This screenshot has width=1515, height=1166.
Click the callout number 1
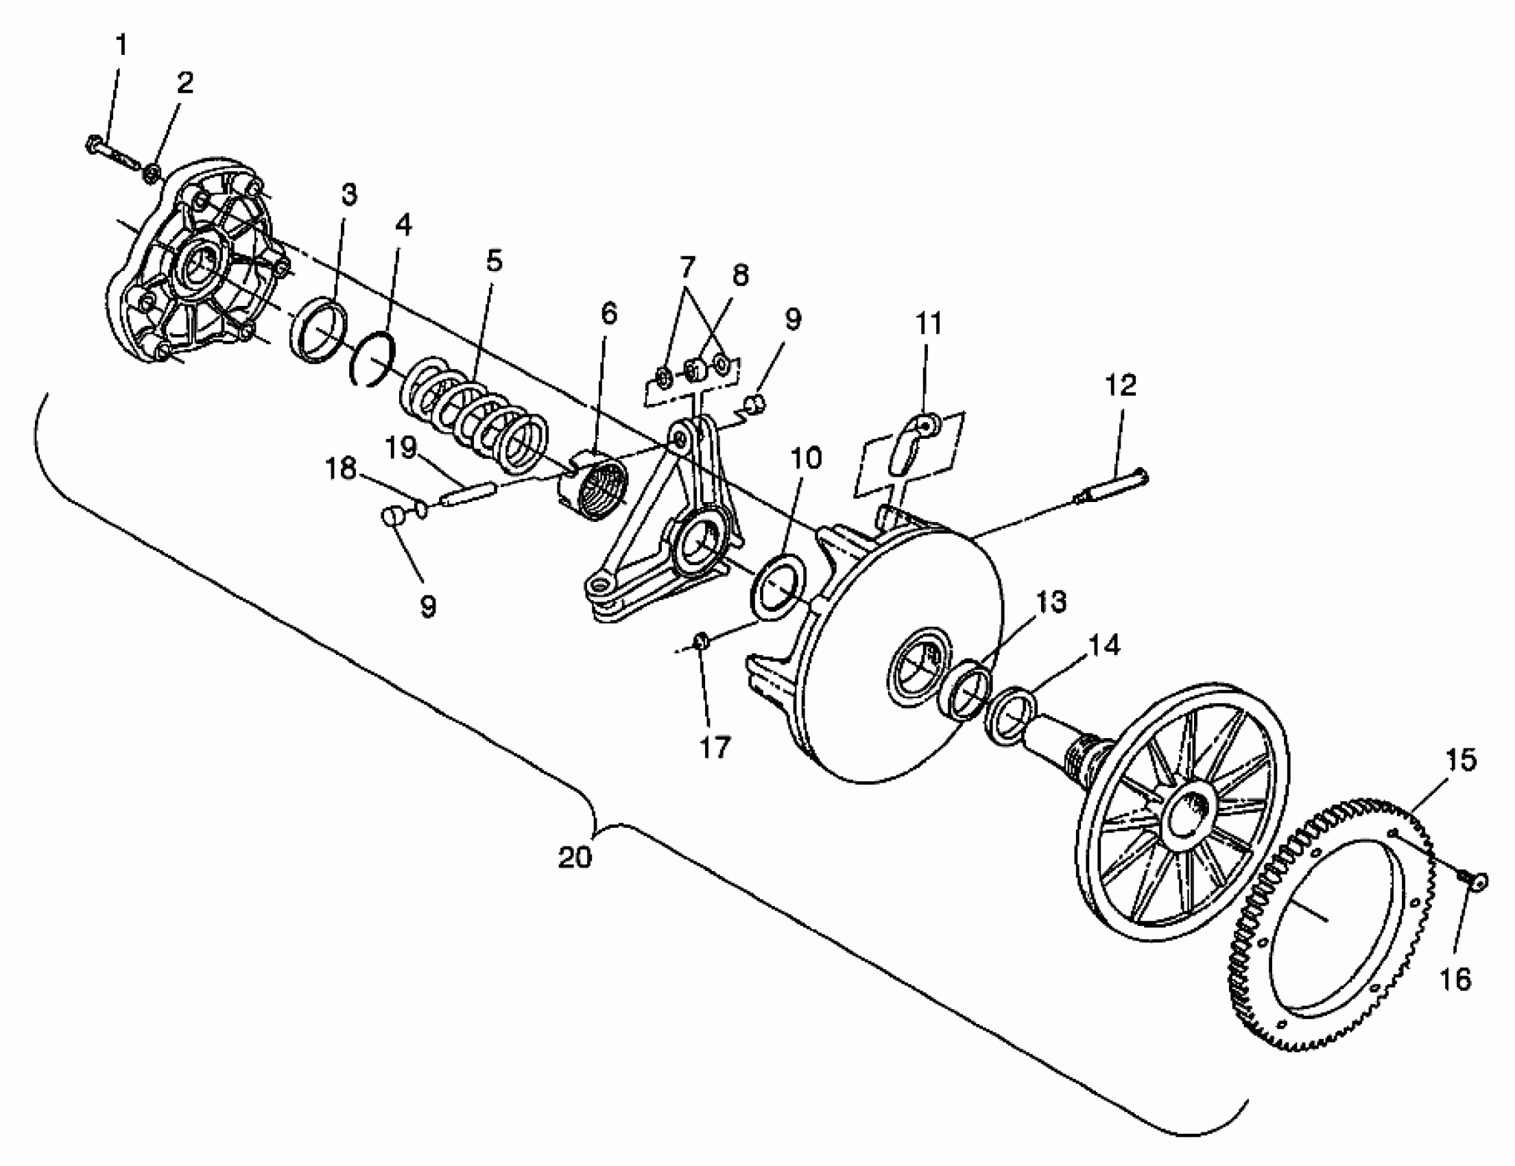tap(121, 46)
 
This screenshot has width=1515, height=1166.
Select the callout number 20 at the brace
tap(575, 858)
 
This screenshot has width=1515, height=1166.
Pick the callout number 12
tap(1120, 385)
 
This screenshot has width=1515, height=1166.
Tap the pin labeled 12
tap(1112, 487)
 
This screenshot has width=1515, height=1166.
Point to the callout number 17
tap(715, 748)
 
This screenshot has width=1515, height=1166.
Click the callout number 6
tap(608, 313)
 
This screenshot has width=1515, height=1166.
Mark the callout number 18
tap(341, 469)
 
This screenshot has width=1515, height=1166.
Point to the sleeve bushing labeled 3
tap(317, 331)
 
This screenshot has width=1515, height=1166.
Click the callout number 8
tap(741, 276)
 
